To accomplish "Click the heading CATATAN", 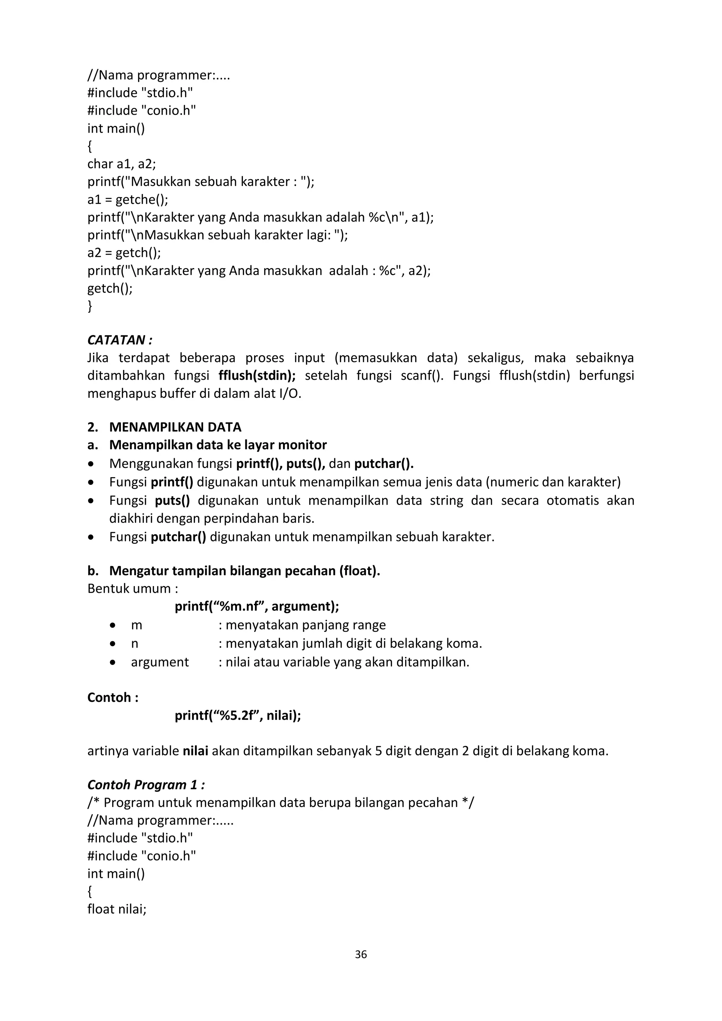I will click(x=119, y=340).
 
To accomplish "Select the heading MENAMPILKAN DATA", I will click(x=175, y=427).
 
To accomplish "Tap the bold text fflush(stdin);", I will click(x=257, y=376).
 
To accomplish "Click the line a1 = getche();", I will click(x=128, y=200).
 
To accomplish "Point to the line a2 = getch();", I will click(x=124, y=253).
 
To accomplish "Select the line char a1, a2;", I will click(x=121, y=164).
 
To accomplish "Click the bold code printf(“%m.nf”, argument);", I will click(x=257, y=607).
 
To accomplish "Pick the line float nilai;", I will click(x=117, y=910).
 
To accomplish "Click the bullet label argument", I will click(x=160, y=662).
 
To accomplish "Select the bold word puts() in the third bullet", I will click(x=172, y=501).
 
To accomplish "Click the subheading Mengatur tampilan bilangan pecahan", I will click(x=245, y=571).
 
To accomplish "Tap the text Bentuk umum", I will click(x=133, y=589).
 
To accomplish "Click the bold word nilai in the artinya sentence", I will click(x=196, y=751).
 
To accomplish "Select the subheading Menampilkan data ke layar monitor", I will click(x=218, y=445).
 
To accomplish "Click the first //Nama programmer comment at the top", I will click(x=158, y=75).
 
